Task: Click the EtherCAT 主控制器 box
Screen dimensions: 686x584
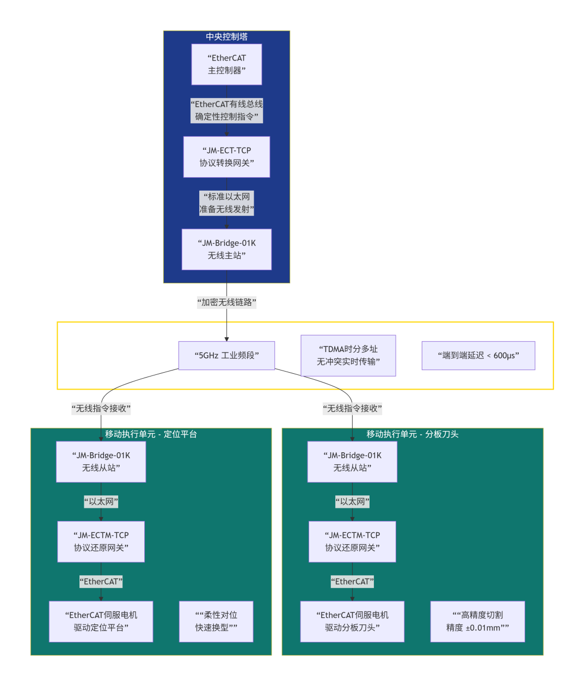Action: point(226,64)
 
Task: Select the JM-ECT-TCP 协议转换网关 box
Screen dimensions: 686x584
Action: point(226,157)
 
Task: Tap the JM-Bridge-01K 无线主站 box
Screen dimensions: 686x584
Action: point(226,250)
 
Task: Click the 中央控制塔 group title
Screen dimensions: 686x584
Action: point(226,37)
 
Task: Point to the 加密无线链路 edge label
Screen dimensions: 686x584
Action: point(226,302)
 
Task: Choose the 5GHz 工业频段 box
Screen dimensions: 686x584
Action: point(226,356)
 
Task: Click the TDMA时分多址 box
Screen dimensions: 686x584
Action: point(348,356)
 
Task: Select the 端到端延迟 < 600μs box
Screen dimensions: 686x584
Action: point(478,356)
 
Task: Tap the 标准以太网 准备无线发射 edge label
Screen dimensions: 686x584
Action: point(226,203)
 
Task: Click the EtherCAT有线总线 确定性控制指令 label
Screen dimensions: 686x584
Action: point(226,111)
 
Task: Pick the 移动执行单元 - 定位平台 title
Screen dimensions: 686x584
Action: point(151,434)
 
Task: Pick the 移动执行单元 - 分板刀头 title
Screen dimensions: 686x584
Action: point(412,434)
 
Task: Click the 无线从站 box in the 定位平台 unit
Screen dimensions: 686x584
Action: point(101,462)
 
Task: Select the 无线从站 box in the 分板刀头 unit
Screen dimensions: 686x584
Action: point(352,462)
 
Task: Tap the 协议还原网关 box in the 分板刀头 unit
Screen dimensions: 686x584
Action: point(352,542)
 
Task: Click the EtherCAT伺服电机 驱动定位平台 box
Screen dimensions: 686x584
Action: point(101,622)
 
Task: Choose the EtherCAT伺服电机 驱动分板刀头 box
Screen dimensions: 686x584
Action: point(352,622)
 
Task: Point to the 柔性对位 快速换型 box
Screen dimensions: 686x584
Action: point(216,622)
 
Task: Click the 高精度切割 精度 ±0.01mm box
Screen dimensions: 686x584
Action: point(477,622)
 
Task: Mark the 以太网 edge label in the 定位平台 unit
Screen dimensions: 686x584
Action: point(101,502)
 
